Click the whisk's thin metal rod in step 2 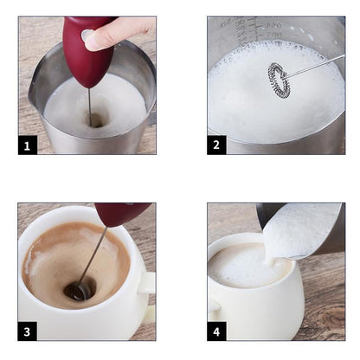pos(316,65)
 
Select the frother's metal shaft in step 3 pos(95,251)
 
